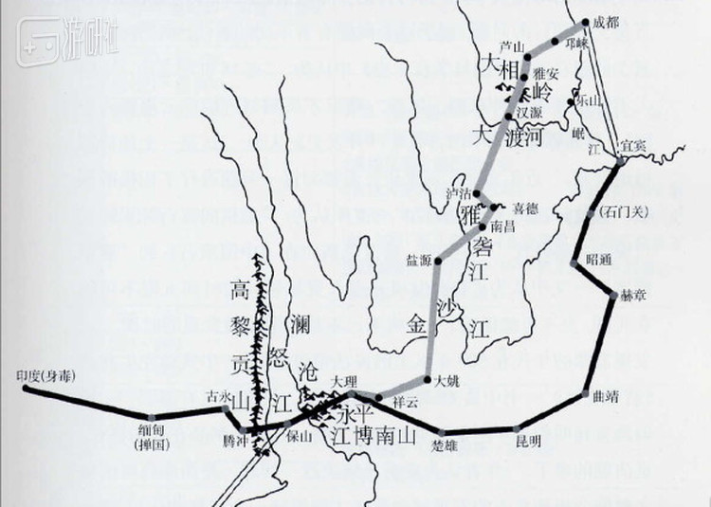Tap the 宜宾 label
pyautogui.click(x=632, y=144)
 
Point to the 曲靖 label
pyautogui.click(x=604, y=397)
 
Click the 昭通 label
pyautogui.click(x=601, y=259)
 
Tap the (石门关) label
pyautogui.click(x=624, y=211)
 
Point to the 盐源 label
pyautogui.click(x=419, y=258)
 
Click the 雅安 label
pyautogui.click(x=547, y=71)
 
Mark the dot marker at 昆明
pyautogui.click(x=518, y=428)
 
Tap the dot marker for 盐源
pyautogui.click(x=438, y=260)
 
